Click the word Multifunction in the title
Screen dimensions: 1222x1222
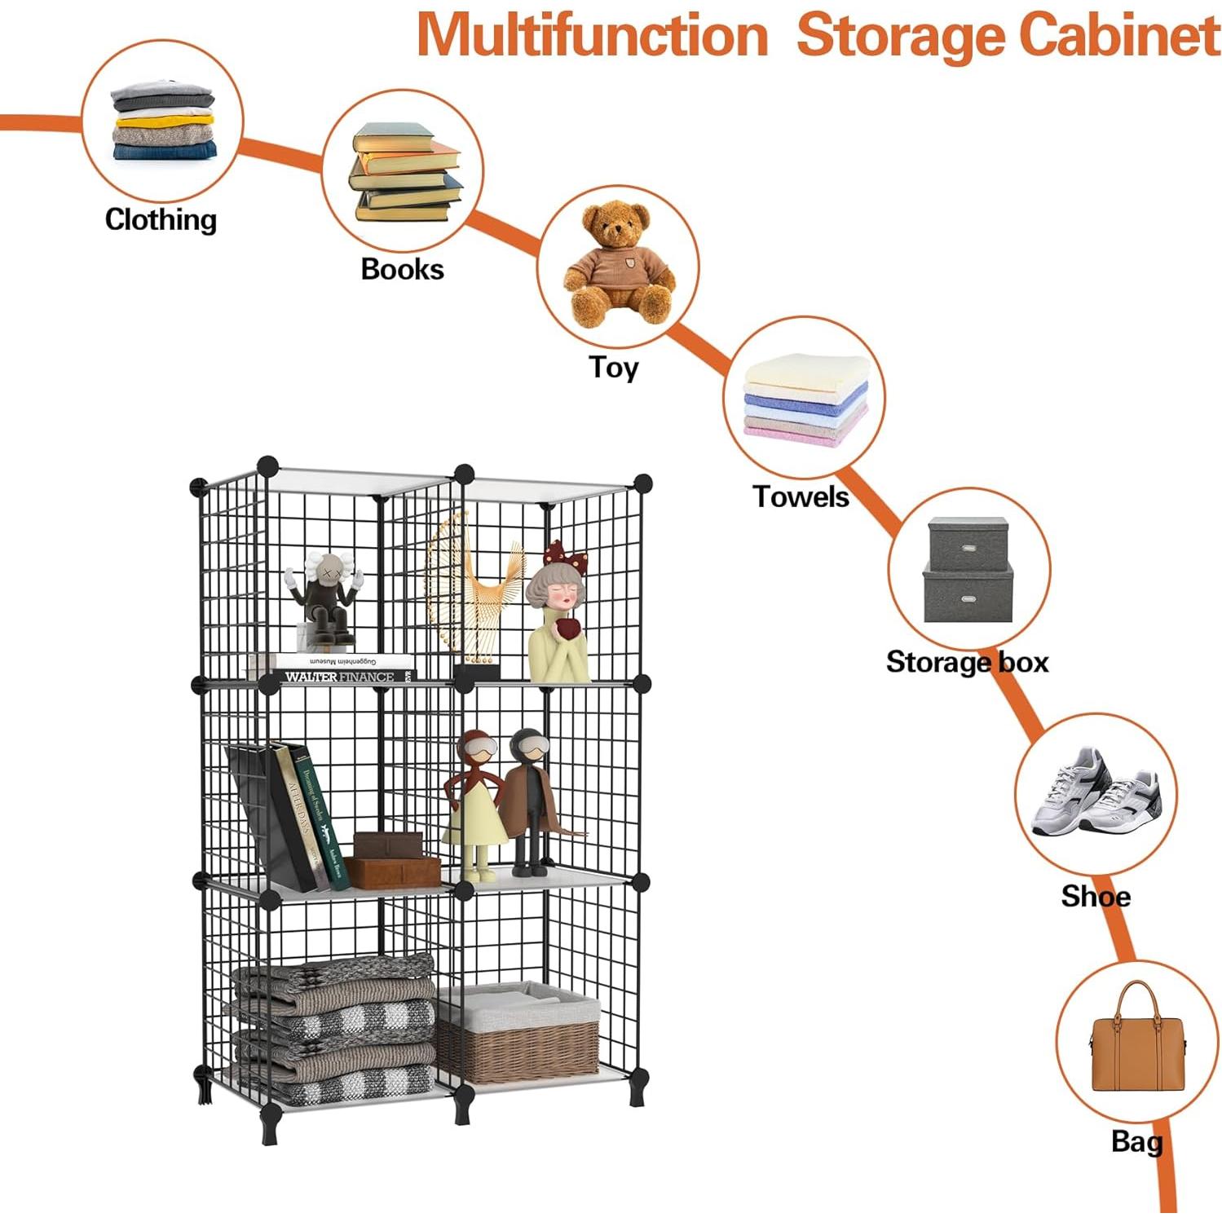coord(593,36)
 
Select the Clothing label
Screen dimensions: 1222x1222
coord(161,219)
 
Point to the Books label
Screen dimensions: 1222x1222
coord(402,269)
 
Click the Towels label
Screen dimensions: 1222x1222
coord(800,496)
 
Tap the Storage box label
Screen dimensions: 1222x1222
coord(967,662)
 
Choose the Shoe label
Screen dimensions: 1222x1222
coord(1095,897)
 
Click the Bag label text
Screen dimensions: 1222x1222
coord(1136,1141)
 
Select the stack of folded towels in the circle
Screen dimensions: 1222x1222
coord(805,399)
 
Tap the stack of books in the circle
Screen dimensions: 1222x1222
coord(404,173)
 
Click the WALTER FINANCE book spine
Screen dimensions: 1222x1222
coord(341,677)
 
